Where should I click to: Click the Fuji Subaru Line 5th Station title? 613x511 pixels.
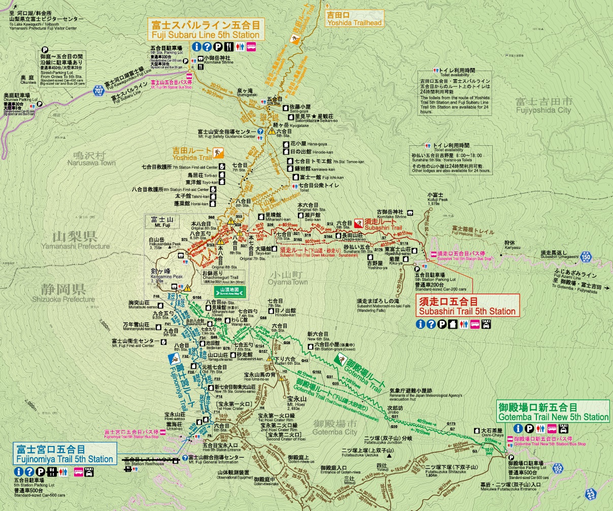(x=205, y=30)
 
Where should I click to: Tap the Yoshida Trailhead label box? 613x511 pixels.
(x=355, y=19)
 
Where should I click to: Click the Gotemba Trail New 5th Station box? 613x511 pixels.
(x=553, y=412)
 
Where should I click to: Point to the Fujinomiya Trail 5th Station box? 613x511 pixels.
(x=64, y=454)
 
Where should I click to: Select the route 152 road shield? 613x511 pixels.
(x=558, y=467)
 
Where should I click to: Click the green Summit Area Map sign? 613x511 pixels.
(x=231, y=291)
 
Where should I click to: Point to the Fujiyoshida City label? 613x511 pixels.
(x=543, y=105)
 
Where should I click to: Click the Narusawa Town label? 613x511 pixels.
(x=94, y=159)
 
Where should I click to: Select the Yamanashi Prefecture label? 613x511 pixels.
(x=81, y=240)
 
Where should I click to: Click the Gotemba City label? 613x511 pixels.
(x=335, y=427)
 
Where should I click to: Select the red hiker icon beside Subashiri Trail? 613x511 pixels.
(x=358, y=222)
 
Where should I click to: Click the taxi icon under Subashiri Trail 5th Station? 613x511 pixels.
(x=486, y=324)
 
